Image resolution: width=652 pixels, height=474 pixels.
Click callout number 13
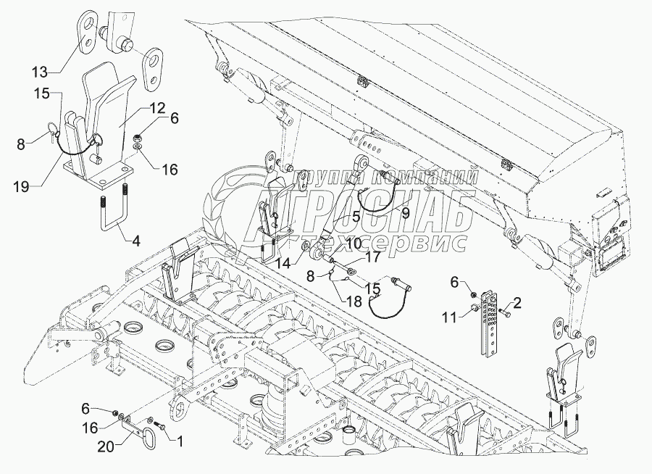pos(40,71)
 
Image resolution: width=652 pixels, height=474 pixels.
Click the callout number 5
pos(356,215)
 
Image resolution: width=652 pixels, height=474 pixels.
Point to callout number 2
pos(518,301)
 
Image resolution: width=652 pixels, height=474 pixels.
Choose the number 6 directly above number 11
pos(456,283)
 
